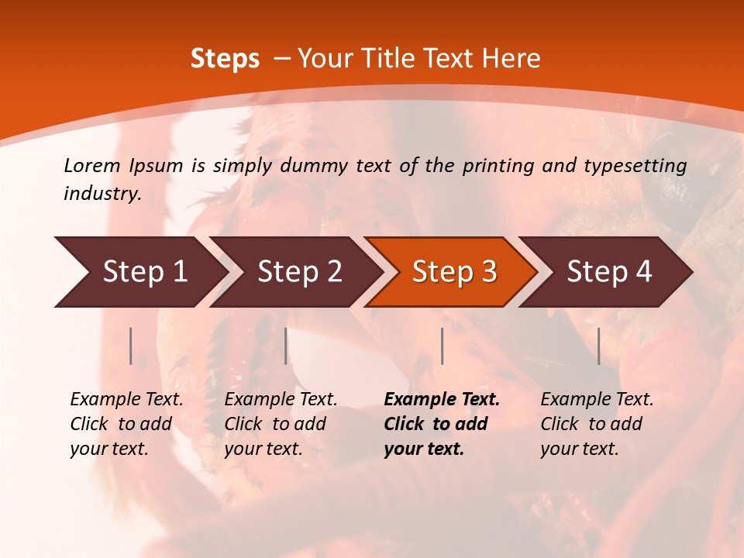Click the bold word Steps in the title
225,59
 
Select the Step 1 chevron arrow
139,272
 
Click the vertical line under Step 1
131,346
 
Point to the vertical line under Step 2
286,346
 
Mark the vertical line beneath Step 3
442,346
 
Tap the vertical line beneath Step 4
599,346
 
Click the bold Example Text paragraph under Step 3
441,424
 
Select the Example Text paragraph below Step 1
126,424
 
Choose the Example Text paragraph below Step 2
281,424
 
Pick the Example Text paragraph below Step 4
597,424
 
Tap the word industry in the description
102,194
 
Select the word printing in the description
498,166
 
